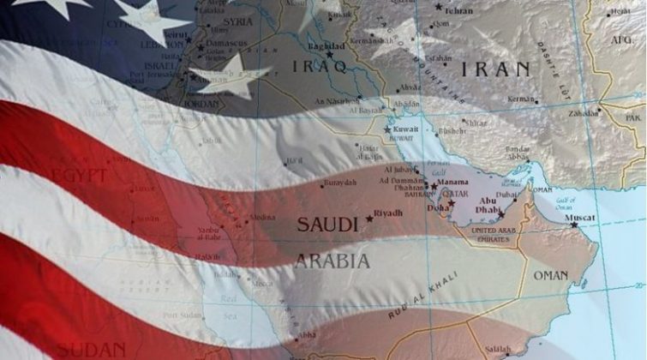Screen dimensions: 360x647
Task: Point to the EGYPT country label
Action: click(80, 176)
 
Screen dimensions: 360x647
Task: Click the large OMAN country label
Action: click(550, 276)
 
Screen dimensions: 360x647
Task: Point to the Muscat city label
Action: click(578, 218)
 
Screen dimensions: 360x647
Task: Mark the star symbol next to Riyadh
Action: click(369, 219)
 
